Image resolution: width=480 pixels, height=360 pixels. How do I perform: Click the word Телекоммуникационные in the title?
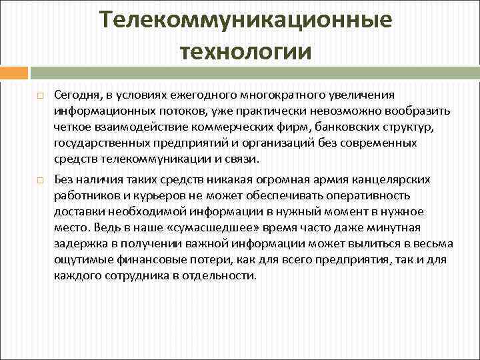[246, 21]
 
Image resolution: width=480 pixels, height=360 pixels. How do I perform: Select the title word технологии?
[245, 51]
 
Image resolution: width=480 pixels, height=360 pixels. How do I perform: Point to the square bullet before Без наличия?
[41, 181]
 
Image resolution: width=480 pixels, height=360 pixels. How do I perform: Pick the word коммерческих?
[249, 127]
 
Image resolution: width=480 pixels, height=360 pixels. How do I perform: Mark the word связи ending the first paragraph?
[245, 159]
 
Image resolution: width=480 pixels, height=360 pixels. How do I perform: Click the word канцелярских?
[387, 180]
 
